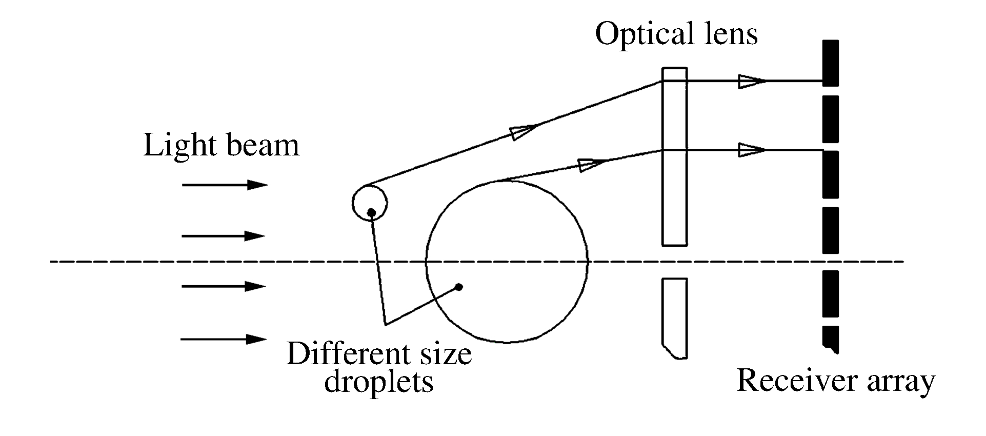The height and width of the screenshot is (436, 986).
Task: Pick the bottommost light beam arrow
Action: (x=224, y=339)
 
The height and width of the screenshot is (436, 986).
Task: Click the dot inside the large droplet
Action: (x=459, y=287)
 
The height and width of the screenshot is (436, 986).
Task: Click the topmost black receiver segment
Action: (x=830, y=63)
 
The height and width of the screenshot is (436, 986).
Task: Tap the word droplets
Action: (x=379, y=382)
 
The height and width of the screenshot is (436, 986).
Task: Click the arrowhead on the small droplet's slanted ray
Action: (x=522, y=131)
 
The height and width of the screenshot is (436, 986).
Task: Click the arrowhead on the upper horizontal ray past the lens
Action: (x=751, y=81)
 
